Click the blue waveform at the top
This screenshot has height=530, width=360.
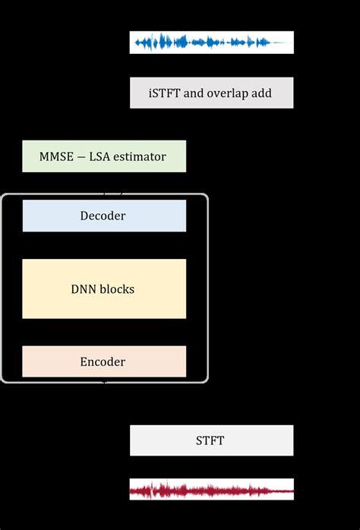click(211, 43)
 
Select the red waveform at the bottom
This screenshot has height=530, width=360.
click(211, 490)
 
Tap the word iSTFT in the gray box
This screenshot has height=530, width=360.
click(166, 94)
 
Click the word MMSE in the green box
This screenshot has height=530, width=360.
click(56, 157)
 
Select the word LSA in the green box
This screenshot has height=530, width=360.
click(99, 157)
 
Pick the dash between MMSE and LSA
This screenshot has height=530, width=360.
click(80, 157)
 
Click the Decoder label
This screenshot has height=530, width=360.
click(103, 216)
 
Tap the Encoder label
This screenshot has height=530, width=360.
click(103, 362)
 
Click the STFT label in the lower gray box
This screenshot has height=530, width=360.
click(210, 440)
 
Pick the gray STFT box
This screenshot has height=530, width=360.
click(152, 440)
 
